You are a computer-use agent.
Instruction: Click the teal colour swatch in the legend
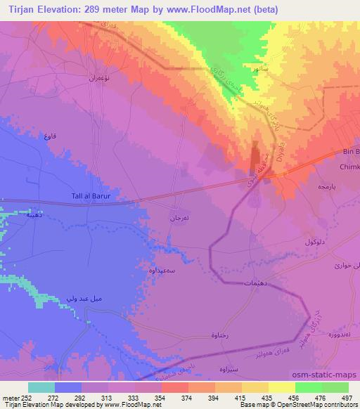click(x=41, y=387)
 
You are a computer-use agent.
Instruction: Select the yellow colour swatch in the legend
click(x=282, y=387)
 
